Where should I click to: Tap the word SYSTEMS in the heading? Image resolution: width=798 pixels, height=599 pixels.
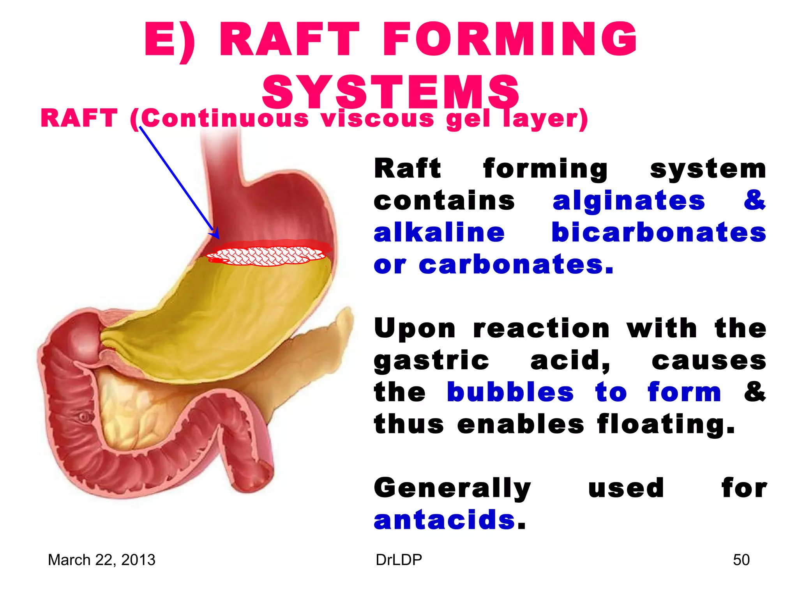(x=390, y=92)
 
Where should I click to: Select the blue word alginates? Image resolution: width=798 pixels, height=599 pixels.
(x=629, y=201)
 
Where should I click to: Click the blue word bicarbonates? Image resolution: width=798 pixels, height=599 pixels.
(x=659, y=233)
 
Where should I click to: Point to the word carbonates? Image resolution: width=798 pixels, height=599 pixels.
(x=516, y=265)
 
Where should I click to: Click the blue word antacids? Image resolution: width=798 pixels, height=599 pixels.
(x=445, y=520)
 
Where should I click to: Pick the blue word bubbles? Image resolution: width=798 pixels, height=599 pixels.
(x=510, y=392)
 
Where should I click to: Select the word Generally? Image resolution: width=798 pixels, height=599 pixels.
(x=452, y=488)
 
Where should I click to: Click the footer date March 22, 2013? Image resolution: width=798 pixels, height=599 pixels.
(x=101, y=560)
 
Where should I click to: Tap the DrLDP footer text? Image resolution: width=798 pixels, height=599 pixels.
(x=399, y=560)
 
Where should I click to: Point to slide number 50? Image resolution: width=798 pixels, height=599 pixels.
(x=741, y=560)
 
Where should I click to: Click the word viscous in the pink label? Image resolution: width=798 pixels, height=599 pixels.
(x=377, y=119)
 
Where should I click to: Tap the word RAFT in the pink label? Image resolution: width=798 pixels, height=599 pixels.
(x=79, y=119)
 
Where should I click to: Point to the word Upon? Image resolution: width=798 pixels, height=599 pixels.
(x=415, y=329)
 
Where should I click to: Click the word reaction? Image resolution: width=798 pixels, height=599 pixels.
(x=541, y=329)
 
